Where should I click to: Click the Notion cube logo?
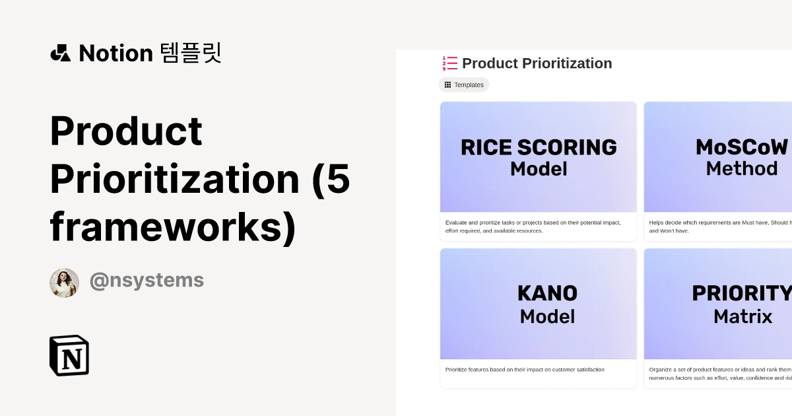click(69, 355)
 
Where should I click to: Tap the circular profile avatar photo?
click(64, 283)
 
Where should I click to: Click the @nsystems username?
click(147, 281)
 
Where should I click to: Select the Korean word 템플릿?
click(191, 53)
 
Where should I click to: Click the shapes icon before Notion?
click(60, 53)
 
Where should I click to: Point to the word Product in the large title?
click(126, 131)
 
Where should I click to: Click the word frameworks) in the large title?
click(173, 226)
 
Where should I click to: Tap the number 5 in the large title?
click(339, 178)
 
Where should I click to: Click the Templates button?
click(464, 85)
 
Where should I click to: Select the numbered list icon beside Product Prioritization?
click(450, 63)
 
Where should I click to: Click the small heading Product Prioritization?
click(537, 63)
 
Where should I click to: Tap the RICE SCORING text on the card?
click(539, 147)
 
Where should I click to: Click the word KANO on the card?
click(547, 293)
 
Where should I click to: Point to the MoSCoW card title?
click(742, 147)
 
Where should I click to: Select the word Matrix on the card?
click(742, 316)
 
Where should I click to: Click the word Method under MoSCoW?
click(742, 169)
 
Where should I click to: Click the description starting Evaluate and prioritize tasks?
click(533, 226)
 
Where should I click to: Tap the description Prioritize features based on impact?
click(525, 370)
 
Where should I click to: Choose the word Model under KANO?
click(547, 316)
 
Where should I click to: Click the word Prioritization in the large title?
click(175, 178)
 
